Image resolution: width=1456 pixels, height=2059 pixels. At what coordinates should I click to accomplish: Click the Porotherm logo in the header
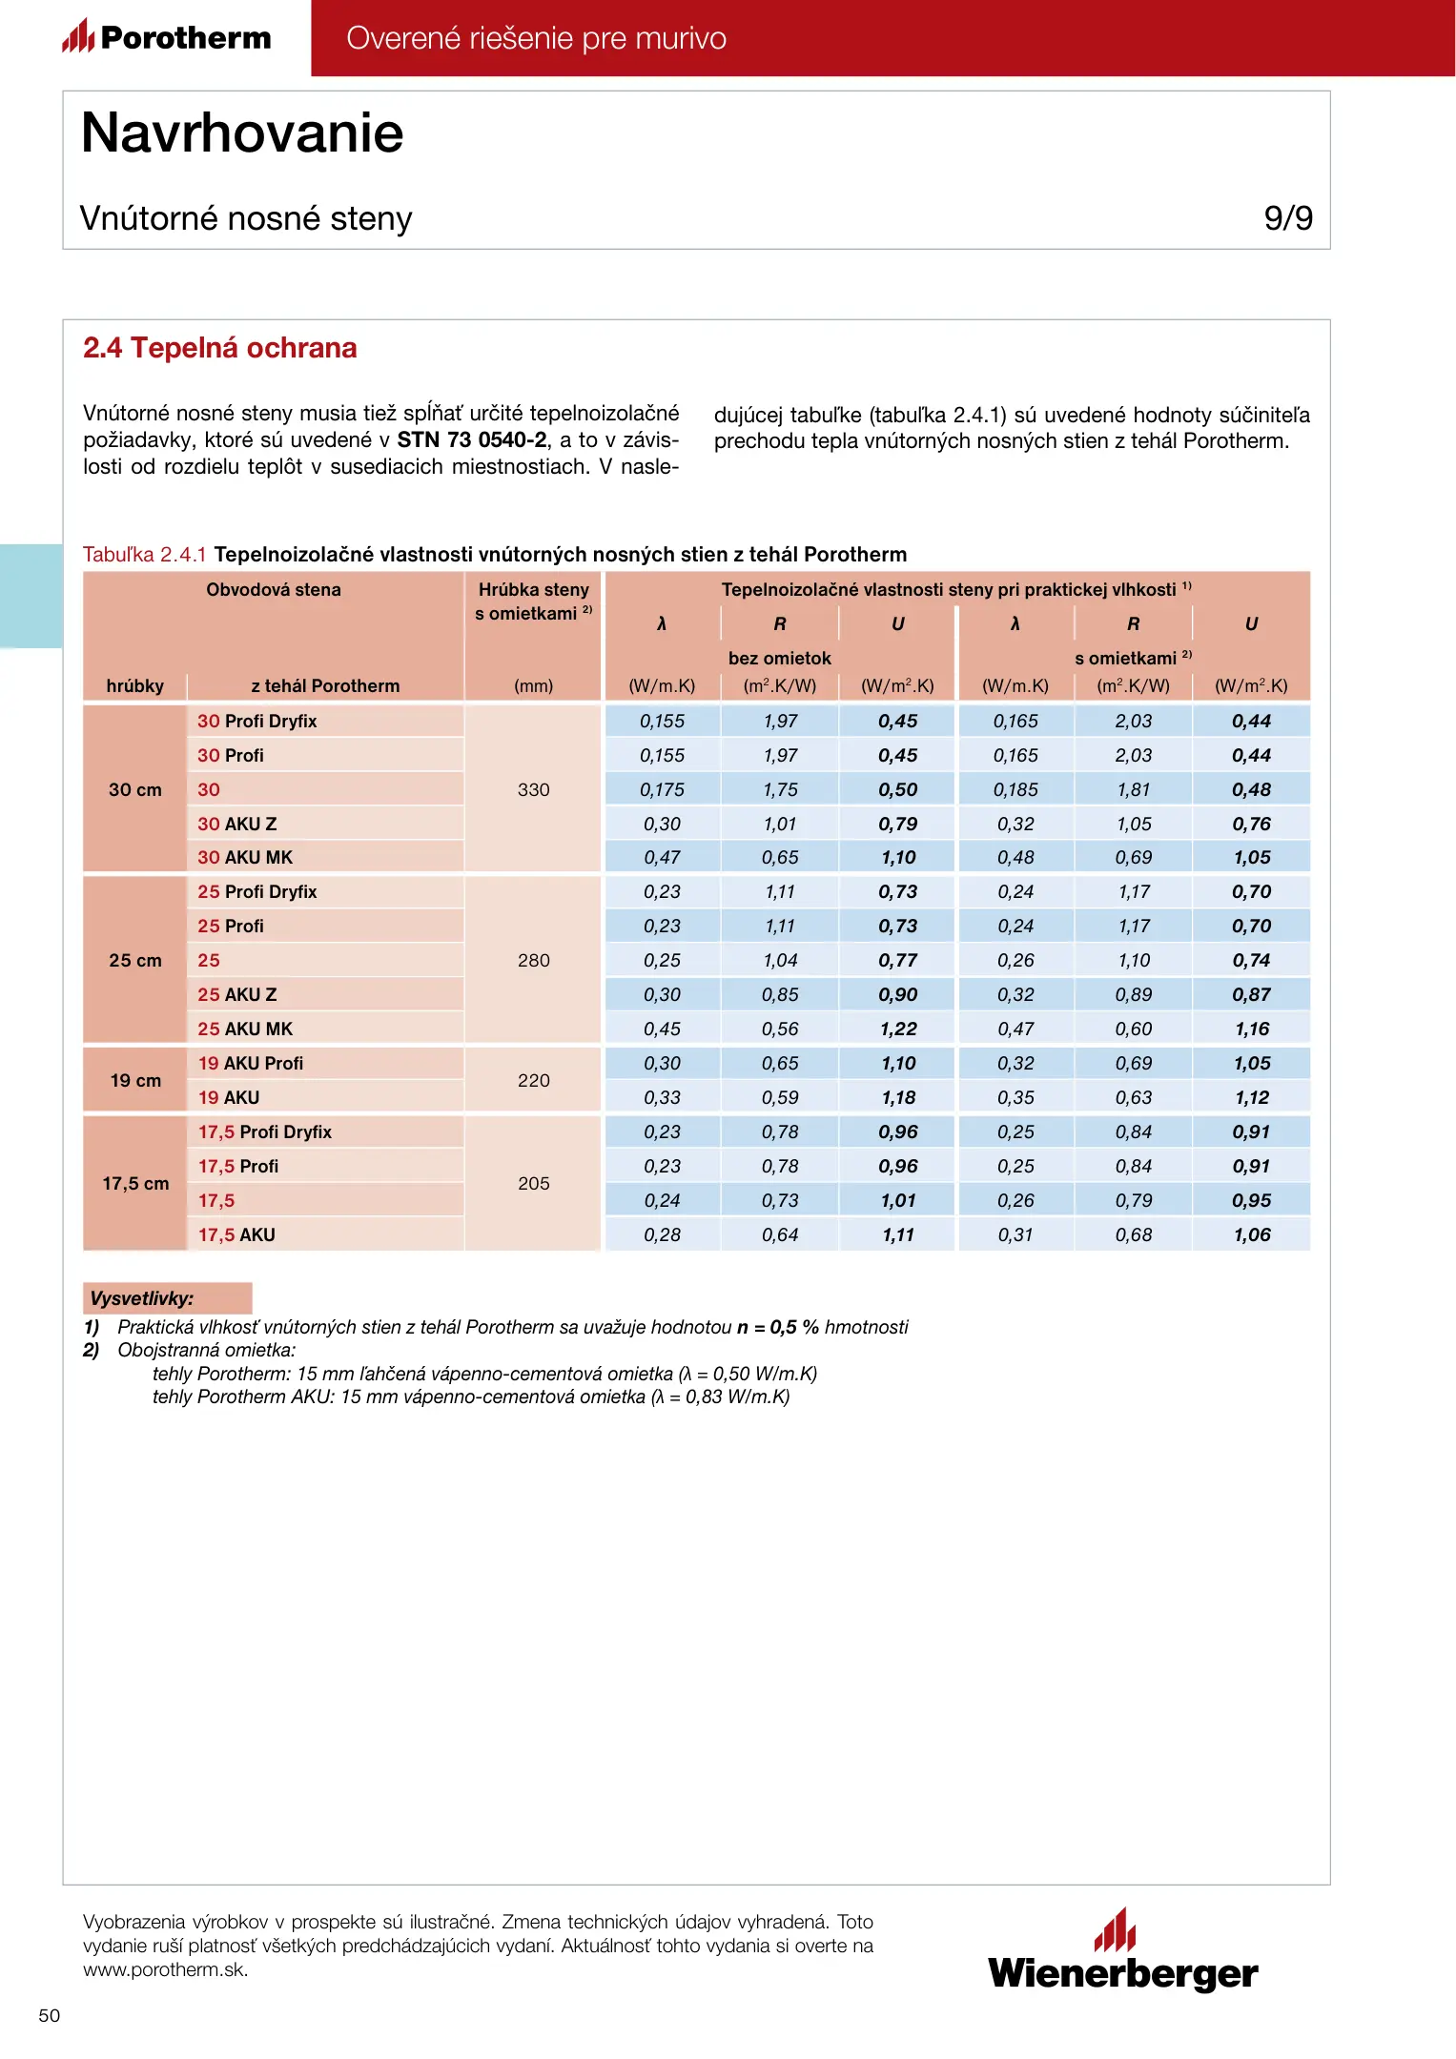point(168,37)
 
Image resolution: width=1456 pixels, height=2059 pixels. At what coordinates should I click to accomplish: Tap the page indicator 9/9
point(1287,218)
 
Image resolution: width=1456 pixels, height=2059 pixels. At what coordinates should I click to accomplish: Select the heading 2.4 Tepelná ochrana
point(219,348)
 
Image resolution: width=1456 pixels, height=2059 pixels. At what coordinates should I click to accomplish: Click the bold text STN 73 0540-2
point(472,439)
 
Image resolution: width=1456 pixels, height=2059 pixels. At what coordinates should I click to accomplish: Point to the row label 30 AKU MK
point(245,857)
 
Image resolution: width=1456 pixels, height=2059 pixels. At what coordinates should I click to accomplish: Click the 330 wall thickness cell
point(533,789)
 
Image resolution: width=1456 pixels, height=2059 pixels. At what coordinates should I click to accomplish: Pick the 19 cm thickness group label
point(135,1080)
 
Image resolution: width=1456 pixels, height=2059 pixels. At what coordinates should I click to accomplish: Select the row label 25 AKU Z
point(237,994)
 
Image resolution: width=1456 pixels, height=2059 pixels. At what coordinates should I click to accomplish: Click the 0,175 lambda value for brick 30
point(662,789)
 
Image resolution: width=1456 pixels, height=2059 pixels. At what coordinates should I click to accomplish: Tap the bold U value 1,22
point(898,1029)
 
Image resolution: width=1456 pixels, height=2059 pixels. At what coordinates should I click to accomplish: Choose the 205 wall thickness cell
point(533,1183)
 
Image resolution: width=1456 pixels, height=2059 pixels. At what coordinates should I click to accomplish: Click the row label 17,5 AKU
point(236,1234)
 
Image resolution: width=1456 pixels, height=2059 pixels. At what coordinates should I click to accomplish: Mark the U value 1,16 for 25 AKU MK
point(1251,1029)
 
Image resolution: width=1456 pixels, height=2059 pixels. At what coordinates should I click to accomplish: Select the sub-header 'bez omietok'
point(779,658)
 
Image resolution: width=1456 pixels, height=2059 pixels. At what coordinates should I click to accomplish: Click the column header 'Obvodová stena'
point(274,589)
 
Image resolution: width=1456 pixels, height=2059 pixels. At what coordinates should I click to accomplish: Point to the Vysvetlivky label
point(142,1297)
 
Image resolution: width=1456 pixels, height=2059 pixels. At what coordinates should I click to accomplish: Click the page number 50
point(49,2015)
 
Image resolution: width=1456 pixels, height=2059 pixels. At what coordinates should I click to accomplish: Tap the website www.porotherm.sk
point(166,1969)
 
